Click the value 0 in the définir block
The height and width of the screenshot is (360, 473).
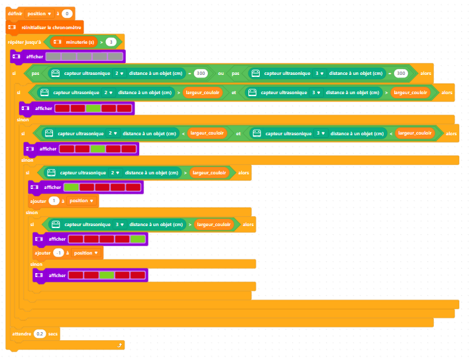pyautogui.click(x=67, y=13)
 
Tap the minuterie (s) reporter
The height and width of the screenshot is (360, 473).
pyautogui.click(x=76, y=42)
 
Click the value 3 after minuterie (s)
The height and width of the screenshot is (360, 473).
pyautogui.click(x=111, y=42)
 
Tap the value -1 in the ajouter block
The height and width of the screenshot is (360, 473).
pyautogui.click(x=58, y=253)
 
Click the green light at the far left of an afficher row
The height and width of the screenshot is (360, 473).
pyautogui.click(x=71, y=188)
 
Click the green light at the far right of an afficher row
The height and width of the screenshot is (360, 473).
pyautogui.click(x=138, y=239)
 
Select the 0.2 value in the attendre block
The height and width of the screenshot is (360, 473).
pyautogui.click(x=40, y=333)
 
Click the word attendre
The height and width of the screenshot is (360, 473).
pyautogui.click(x=22, y=333)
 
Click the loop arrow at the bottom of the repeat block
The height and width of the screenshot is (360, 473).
pyautogui.click(x=119, y=345)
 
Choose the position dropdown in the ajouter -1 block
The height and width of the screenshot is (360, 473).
pyautogui.click(x=87, y=253)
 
